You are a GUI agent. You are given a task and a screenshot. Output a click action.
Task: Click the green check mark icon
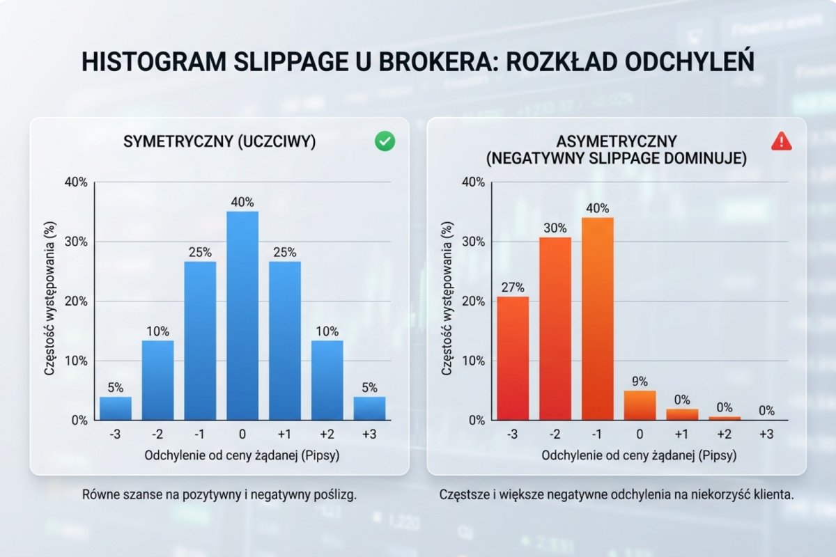(x=385, y=142)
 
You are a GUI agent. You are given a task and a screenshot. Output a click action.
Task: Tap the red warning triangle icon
(x=782, y=141)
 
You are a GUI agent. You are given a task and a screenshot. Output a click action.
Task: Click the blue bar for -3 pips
(x=116, y=408)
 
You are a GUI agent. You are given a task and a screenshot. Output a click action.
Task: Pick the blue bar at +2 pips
(x=327, y=380)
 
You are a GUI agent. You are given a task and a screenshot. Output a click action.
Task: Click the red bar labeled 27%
(x=513, y=358)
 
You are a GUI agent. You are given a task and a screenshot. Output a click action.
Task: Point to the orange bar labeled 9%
(x=640, y=405)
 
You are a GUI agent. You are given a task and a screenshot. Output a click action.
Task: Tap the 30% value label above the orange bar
(x=555, y=228)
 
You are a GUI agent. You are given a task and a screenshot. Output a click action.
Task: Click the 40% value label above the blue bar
(x=242, y=202)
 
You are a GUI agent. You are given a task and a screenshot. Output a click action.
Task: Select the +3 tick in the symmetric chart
(x=369, y=435)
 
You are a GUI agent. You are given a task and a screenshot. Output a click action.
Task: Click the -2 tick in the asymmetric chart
(x=555, y=435)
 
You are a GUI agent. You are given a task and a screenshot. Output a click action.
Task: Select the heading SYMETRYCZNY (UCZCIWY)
(x=219, y=142)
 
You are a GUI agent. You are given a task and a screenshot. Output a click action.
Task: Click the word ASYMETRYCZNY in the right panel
(x=616, y=142)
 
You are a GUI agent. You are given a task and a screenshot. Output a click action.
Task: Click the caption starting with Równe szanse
(x=219, y=496)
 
